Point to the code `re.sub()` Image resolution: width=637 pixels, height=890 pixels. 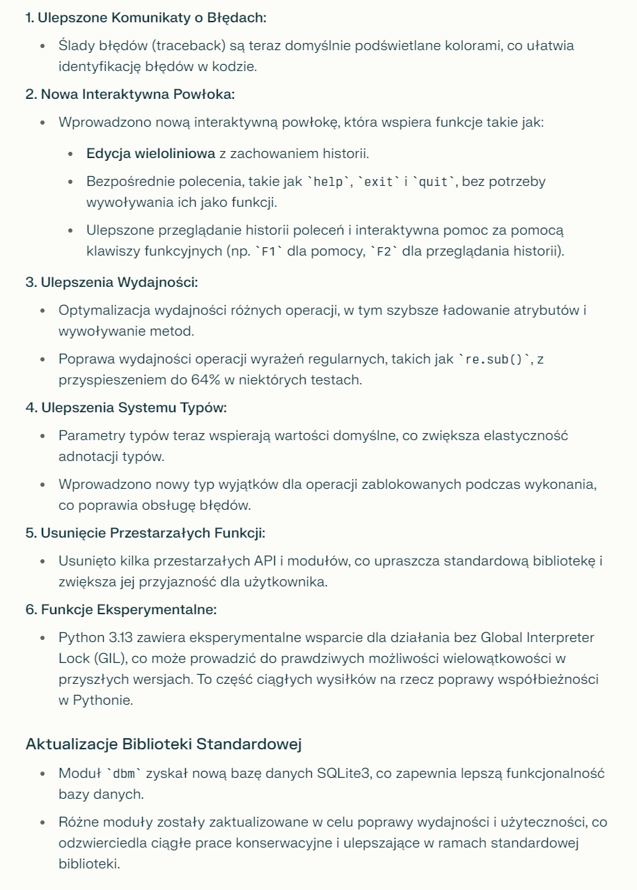point(494,359)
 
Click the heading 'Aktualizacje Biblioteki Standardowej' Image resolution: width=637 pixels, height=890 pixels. point(164,743)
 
